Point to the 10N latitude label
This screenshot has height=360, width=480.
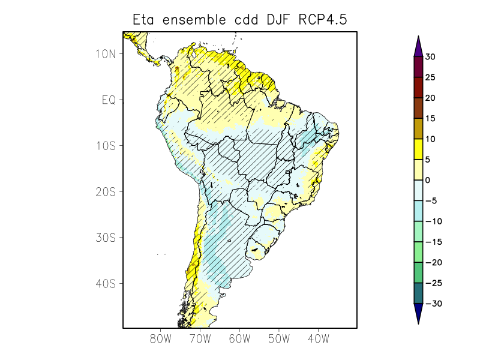[x=105, y=53]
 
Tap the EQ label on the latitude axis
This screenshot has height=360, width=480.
[x=108, y=100]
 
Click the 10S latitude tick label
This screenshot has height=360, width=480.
[x=105, y=146]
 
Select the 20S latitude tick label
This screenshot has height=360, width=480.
[x=105, y=192]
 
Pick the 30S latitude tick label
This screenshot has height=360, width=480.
[x=105, y=238]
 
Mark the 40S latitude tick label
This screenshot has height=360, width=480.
[x=105, y=283]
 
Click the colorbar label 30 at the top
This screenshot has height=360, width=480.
[x=430, y=57]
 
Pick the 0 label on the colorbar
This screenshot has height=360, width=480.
[x=428, y=180]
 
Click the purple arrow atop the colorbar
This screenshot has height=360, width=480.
[x=418, y=47]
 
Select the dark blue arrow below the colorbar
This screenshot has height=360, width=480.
[x=418, y=313]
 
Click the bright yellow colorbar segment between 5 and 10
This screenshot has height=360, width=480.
[x=418, y=149]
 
